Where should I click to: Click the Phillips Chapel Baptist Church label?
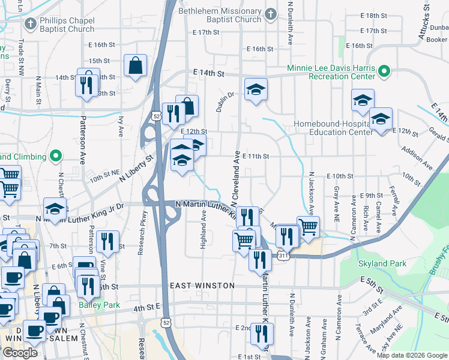pos(67,25)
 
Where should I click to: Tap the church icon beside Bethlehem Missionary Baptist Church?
pos(271,14)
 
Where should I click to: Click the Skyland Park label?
pos(382,263)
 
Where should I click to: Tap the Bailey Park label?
pos(99,305)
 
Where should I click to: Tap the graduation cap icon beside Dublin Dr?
pos(256,90)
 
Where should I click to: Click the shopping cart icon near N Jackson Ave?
pos(308,227)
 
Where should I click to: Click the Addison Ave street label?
pos(417,158)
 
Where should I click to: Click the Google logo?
pos(20,353)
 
